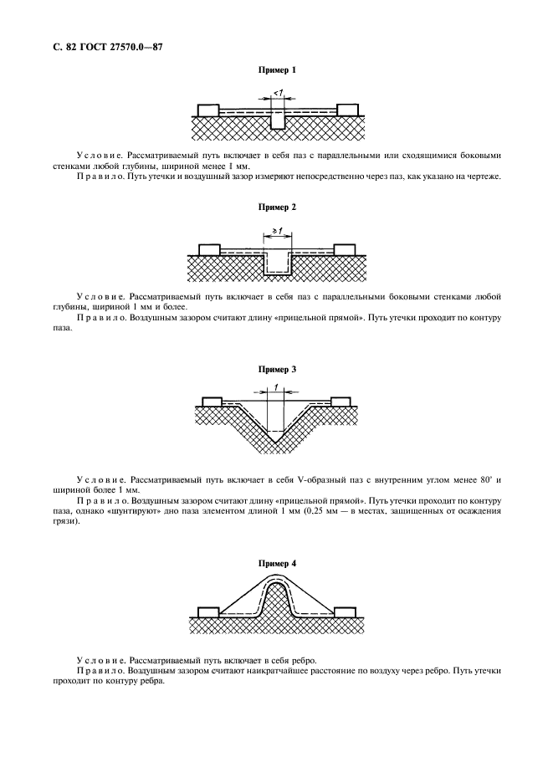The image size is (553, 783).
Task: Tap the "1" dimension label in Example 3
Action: (x=275, y=388)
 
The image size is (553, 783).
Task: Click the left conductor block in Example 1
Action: (x=207, y=110)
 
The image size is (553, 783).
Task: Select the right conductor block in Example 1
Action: (x=347, y=110)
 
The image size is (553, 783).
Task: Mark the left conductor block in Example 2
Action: (x=208, y=248)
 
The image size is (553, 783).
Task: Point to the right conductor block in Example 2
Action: (x=345, y=248)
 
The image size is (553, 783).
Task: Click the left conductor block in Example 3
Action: (x=211, y=402)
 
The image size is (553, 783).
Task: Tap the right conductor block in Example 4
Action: (x=345, y=611)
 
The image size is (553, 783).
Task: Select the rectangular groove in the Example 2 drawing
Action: (x=277, y=264)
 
